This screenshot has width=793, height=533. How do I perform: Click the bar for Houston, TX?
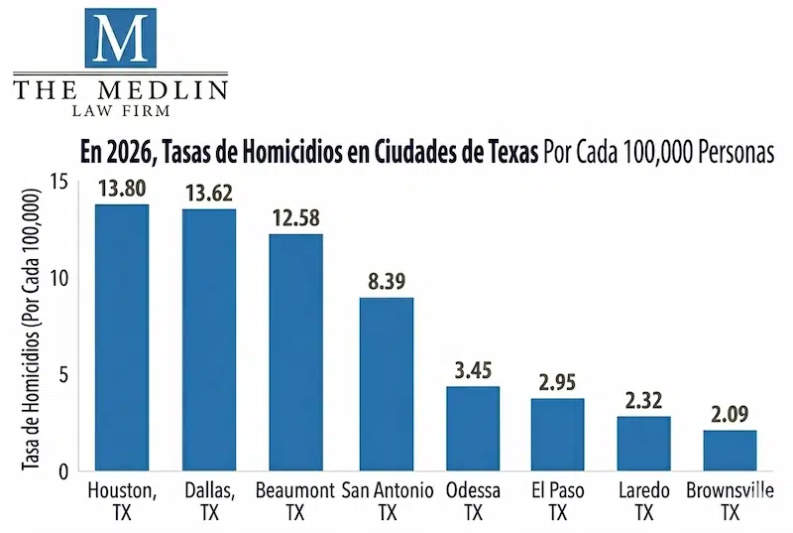point(122,337)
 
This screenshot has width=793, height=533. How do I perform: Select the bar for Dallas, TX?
point(209,339)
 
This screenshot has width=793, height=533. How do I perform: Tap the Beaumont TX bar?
point(295,352)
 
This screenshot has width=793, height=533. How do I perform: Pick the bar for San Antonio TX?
point(386,384)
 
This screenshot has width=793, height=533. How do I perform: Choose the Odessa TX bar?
point(473,428)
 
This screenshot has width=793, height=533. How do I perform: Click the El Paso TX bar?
point(557,434)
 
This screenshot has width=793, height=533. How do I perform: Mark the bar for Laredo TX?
point(643,443)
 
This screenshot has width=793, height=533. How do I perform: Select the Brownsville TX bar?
point(730,450)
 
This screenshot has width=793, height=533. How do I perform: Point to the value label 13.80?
point(121,189)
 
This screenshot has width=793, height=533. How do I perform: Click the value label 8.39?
point(386,282)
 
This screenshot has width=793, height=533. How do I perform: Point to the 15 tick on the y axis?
point(62,182)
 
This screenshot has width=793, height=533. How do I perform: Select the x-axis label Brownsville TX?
point(730,501)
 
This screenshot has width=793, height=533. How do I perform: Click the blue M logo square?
point(120,38)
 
